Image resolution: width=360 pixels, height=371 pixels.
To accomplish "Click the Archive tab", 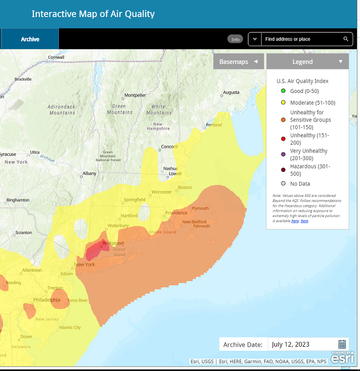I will pos(30,39).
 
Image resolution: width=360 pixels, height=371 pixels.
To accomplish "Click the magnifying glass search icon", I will pos(346,39).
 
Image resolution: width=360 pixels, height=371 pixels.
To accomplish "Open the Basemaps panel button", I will pos(238,61).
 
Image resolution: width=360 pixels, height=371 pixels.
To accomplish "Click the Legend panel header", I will pos(307,61).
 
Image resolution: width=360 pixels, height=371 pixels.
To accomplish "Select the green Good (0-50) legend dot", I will pos(283,91).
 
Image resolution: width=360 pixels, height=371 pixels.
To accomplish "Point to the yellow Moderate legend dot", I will pos(283,103).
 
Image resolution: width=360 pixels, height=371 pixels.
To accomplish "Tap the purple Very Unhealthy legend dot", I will pos(283,151).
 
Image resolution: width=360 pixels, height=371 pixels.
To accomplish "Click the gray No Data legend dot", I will pos(283,183).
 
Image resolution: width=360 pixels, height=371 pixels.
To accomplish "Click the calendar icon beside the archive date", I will pos(342,344).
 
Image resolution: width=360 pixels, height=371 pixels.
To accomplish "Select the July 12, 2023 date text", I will pos(290,345).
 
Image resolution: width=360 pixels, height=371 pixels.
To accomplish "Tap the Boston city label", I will pos(184,188).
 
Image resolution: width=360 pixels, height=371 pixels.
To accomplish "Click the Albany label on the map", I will pos(89,174).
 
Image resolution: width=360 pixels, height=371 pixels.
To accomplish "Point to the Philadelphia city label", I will pos(46,300).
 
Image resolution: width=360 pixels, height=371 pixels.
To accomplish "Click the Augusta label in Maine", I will pos(230,93).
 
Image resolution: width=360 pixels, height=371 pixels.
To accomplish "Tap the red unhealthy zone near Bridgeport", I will pos(95,252).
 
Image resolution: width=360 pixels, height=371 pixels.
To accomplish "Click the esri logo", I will pos(342,358).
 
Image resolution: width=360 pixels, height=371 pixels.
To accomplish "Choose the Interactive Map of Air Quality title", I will pos(93,14).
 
